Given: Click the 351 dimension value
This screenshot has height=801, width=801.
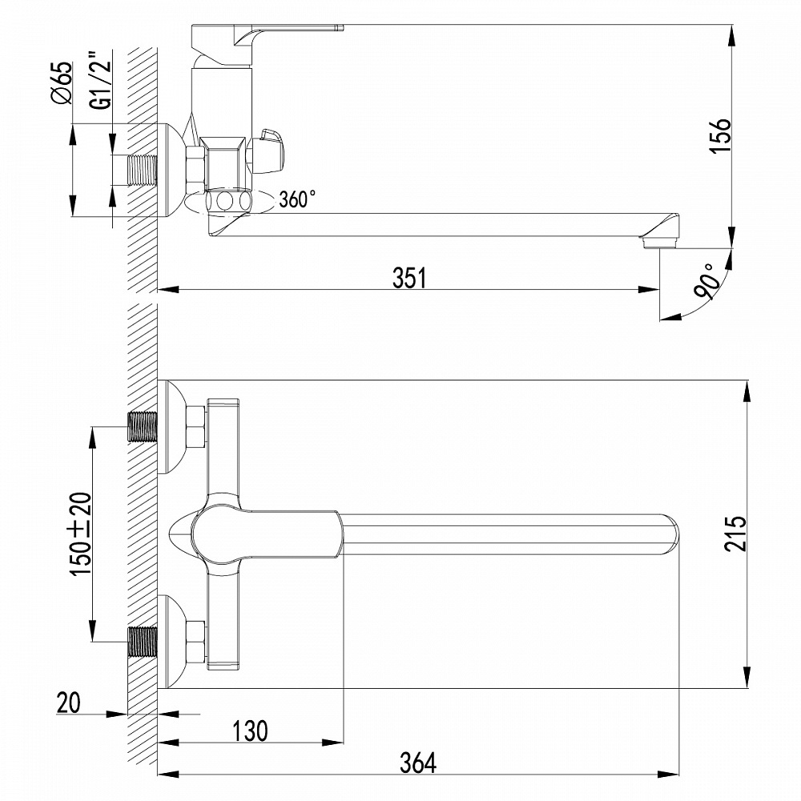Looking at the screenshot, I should (409, 277).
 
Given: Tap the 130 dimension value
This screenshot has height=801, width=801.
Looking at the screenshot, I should (251, 730).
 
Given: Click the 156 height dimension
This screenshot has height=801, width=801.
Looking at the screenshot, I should (721, 136).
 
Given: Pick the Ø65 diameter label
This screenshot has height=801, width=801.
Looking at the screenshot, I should (62, 84).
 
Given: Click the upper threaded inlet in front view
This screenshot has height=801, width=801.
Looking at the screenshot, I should (143, 427).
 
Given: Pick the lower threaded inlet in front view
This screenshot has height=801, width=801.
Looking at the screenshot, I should (143, 642).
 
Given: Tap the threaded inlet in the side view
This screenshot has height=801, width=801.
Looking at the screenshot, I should (143, 170).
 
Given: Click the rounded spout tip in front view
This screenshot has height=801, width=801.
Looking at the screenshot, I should (671, 534).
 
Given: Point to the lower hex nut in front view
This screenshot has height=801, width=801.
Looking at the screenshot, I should (195, 642).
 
